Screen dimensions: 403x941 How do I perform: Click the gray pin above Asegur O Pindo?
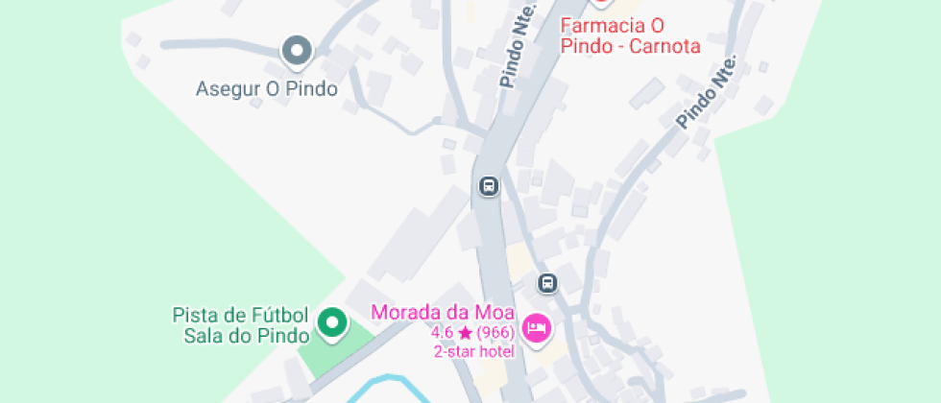point(297,50)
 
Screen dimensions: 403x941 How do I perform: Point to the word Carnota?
point(665,45)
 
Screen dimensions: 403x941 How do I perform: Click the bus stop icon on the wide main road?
point(489,185)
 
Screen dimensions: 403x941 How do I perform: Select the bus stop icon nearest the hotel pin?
point(547,283)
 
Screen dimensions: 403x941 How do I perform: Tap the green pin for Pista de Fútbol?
point(332,322)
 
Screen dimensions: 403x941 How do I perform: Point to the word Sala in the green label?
point(202,336)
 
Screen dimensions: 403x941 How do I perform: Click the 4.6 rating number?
point(443,333)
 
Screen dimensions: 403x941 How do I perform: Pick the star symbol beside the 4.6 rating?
point(465,333)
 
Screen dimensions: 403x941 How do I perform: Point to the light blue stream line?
point(384,381)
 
